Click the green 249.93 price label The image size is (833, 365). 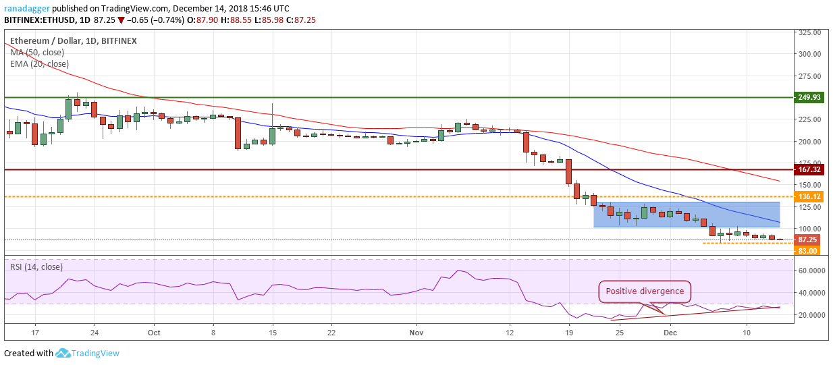pos(809,97)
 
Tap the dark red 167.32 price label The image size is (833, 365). pos(809,170)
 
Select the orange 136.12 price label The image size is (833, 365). pos(809,196)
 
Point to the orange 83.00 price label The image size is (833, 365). pos(807,251)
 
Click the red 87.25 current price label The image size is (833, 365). pos(807,240)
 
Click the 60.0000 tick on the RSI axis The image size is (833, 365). pos(811,271)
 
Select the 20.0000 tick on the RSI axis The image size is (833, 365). pos(811,315)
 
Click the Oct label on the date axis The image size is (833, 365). pos(154,333)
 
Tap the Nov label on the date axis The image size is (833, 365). pos(416,333)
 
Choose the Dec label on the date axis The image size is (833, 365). pos(670,333)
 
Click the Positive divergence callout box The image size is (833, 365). pos(645,291)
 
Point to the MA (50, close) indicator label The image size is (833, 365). pos(37,53)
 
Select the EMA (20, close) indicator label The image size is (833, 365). pos(39,64)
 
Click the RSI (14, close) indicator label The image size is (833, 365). pos(36,267)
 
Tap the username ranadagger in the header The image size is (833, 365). pos(27,8)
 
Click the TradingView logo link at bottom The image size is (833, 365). pos(88,353)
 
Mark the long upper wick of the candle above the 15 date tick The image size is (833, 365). pos(273,115)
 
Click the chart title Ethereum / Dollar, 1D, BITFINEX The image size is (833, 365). pos(74,41)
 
